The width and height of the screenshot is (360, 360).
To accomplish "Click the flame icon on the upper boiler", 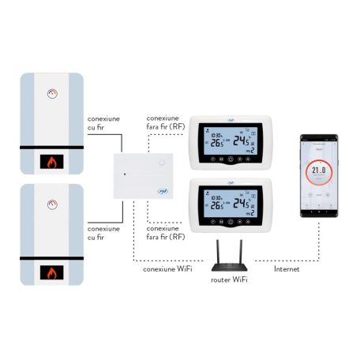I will click(x=53, y=163).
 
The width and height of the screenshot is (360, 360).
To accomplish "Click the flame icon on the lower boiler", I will click(x=53, y=273).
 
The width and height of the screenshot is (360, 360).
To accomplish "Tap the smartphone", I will click(x=319, y=178).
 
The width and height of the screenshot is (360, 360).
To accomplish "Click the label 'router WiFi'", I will click(x=230, y=279).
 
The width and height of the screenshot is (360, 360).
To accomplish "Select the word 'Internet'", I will click(x=286, y=268).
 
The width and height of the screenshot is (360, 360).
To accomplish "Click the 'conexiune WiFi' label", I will click(x=164, y=268).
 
